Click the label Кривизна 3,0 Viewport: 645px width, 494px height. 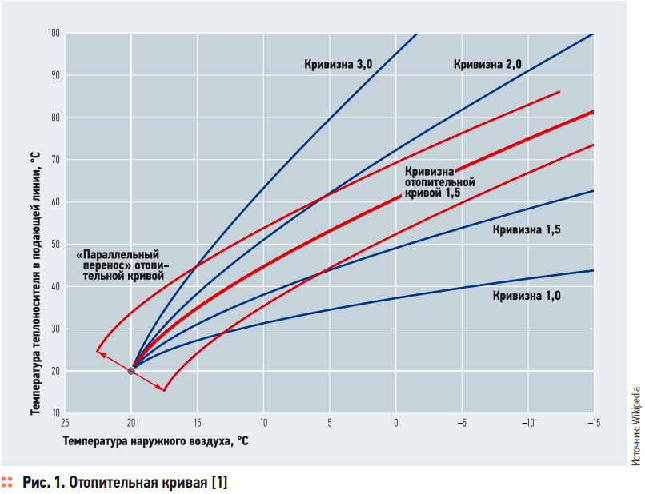pyautogui.click(x=338, y=64)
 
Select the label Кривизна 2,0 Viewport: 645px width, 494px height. pyautogui.click(x=487, y=64)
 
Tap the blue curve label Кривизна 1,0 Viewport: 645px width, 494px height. pyautogui.click(x=527, y=296)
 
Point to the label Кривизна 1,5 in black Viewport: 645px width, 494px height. pyautogui.click(x=527, y=230)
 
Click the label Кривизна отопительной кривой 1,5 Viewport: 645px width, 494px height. pyautogui.click(x=439, y=182)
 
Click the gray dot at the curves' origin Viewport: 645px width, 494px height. pyautogui.click(x=131, y=370)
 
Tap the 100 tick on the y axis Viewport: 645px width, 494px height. pyautogui.click(x=54, y=33)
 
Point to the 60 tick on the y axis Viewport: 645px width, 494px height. pyautogui.click(x=55, y=202)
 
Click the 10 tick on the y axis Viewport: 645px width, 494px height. pyautogui.click(x=55, y=413)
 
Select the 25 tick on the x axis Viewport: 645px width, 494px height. pyautogui.click(x=65, y=422)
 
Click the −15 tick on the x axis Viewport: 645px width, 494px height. pyautogui.click(x=592, y=422)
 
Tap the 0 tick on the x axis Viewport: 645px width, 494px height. pyautogui.click(x=395, y=422)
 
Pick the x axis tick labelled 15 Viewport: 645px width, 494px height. pyautogui.click(x=197, y=422)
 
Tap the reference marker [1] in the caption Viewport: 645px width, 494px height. pyautogui.click(x=218, y=482)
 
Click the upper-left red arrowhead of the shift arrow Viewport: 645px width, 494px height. pyautogui.click(x=98, y=351)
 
